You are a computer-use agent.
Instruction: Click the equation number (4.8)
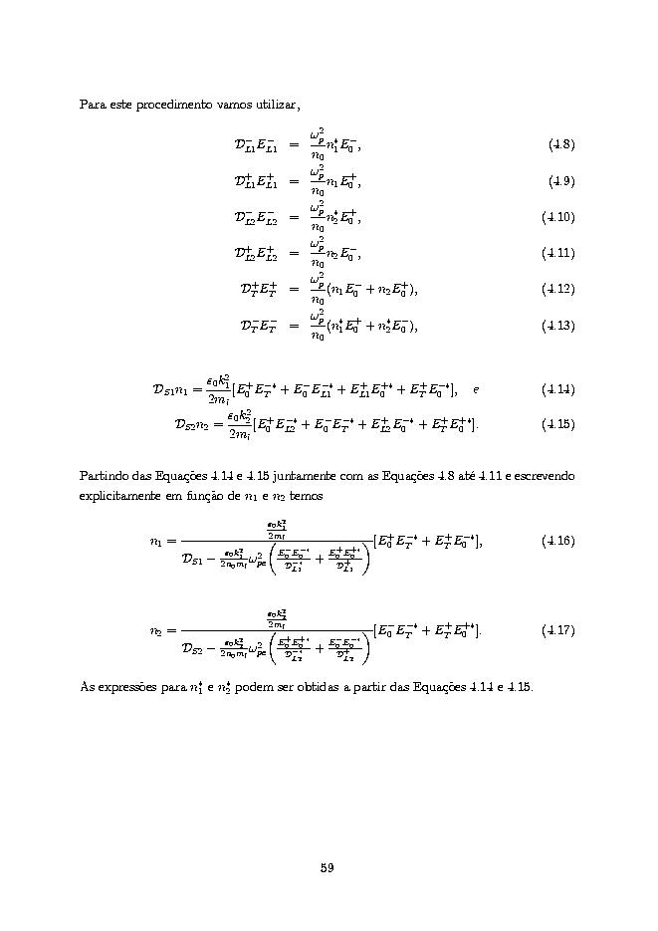pos(560,145)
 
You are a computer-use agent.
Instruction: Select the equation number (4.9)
pos(560,181)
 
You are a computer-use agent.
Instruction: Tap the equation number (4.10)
pos(558,217)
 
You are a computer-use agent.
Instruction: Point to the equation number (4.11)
pos(558,253)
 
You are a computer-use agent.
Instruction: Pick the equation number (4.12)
pos(558,289)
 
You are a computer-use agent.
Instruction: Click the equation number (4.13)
pos(558,326)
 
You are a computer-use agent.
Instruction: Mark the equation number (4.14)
pos(558,388)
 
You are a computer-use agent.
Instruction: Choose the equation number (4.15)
pos(558,424)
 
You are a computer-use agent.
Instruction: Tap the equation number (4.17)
pos(558,630)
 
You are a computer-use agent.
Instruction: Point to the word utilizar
pos(276,105)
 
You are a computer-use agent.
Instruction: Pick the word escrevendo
pos(544,476)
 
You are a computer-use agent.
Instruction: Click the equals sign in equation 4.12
pos(294,290)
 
